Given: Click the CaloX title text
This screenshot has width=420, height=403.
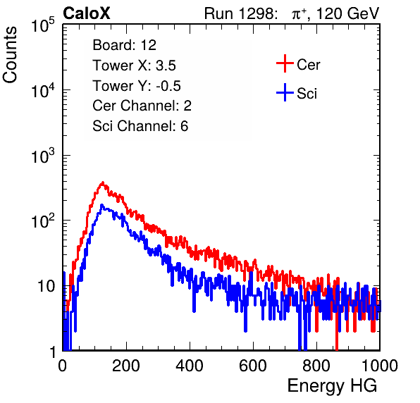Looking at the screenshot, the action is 87,13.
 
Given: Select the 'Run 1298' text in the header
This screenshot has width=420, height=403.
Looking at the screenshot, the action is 240,13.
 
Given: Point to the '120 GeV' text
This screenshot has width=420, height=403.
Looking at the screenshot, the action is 347,13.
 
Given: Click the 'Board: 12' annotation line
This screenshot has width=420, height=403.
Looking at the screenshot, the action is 124,45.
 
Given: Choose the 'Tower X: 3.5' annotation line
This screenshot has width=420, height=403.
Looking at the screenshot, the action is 134,66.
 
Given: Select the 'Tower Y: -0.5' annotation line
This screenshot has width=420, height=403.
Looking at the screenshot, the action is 137,86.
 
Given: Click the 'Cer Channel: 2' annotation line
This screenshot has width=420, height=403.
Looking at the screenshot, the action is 142,106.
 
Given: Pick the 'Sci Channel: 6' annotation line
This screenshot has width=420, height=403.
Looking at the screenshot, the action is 140,126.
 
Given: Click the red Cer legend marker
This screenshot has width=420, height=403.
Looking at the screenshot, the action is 285,63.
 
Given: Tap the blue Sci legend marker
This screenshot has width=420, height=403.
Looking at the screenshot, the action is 285,93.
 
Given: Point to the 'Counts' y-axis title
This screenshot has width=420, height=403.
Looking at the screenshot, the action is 10,55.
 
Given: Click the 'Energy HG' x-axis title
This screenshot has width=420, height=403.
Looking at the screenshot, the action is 332,386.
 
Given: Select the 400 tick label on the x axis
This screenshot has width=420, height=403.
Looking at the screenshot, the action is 190,366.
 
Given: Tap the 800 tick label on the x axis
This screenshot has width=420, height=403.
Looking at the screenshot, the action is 316,366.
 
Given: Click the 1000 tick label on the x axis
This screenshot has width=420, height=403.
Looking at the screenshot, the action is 380,366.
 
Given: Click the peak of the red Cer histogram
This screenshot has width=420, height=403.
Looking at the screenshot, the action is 102,182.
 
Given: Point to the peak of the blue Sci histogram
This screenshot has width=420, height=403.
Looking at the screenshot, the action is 101,205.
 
